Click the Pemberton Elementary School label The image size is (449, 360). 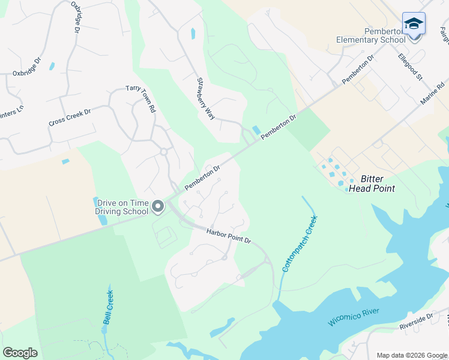(x=368, y=35)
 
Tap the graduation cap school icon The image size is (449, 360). (x=414, y=24)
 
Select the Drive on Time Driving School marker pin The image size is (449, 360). (x=158, y=206)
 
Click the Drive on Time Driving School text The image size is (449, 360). (x=121, y=207)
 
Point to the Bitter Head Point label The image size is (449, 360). (x=378, y=184)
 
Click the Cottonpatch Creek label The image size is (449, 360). (x=299, y=244)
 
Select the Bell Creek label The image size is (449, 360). (x=108, y=307)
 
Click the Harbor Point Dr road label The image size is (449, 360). (x=229, y=235)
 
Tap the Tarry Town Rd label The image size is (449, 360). (x=141, y=99)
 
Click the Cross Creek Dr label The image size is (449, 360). (x=70, y=118)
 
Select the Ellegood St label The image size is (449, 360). (x=411, y=67)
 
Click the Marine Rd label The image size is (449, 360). (x=432, y=95)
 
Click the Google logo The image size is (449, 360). (x=20, y=353)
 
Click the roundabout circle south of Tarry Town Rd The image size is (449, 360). (x=163, y=152)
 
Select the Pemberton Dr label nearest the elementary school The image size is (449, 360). (x=358, y=70)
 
